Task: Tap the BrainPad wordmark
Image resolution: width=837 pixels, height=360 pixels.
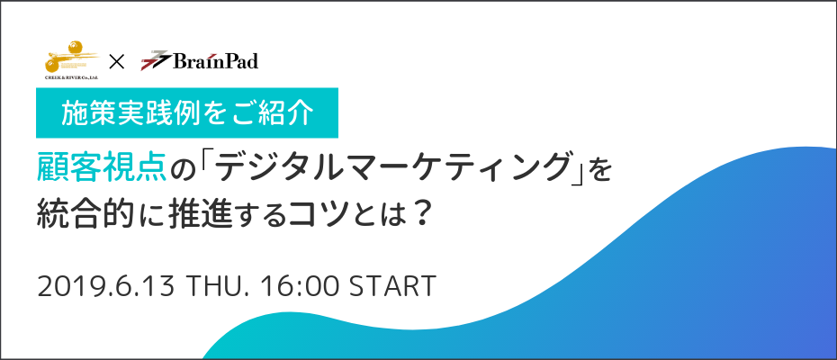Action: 215,61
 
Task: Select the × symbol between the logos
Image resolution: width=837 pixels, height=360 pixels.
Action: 116,62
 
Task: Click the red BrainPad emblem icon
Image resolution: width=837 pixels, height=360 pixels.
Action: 156,60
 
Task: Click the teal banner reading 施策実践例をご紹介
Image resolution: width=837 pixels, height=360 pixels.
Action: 187,112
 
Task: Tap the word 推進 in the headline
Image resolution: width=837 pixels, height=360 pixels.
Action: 199,214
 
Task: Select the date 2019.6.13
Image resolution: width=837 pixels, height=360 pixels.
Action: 106,287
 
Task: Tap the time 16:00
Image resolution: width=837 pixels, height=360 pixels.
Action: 301,287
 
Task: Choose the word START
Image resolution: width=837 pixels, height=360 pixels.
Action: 392,287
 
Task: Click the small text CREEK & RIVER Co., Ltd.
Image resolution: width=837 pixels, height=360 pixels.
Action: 72,76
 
